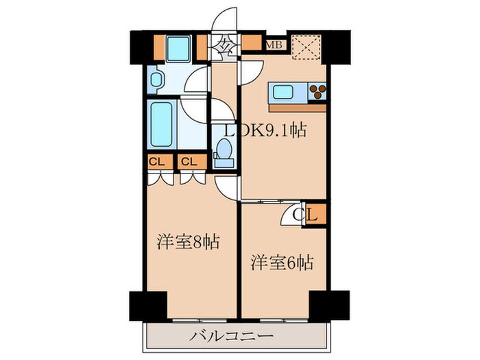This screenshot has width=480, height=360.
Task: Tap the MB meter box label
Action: pyautogui.click(x=274, y=45)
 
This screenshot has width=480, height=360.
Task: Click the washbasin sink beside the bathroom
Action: pyautogui.click(x=155, y=80)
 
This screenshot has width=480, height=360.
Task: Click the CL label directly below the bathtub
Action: pyautogui.click(x=156, y=163)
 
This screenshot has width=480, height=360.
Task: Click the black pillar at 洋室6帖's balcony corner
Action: pyautogui.click(x=325, y=304)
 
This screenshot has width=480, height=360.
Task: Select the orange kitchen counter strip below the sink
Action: pyautogui.click(x=298, y=107)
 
